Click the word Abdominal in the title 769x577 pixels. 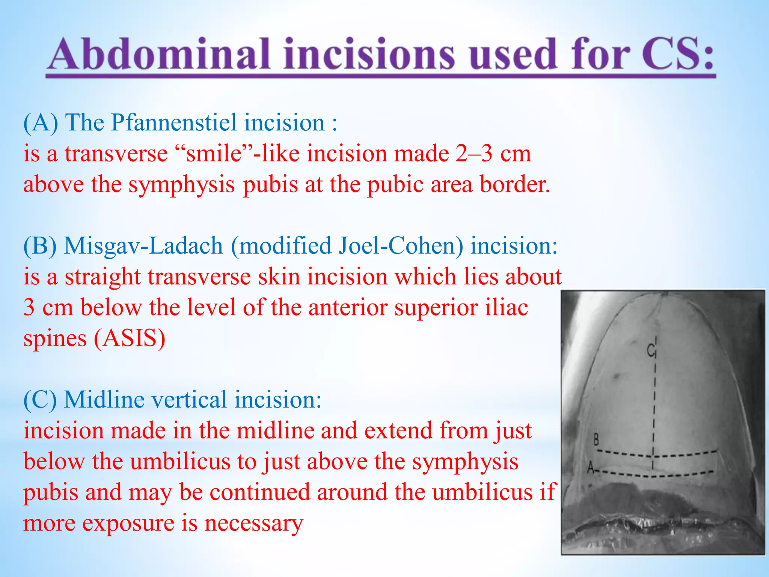160,54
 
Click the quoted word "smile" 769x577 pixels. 214,154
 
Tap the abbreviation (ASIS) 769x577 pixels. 130,338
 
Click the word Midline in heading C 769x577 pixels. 104,399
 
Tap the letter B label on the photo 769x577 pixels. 596,439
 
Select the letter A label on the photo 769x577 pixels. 591,468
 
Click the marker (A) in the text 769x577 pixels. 41,123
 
